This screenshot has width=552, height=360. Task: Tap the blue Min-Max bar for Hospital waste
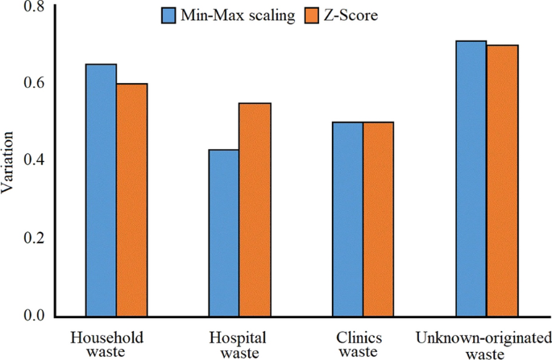click(x=225, y=233)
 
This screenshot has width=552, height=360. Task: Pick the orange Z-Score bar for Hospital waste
click(x=255, y=209)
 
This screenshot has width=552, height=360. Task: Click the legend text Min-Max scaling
click(x=238, y=15)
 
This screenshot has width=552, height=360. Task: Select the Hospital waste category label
click(x=240, y=344)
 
